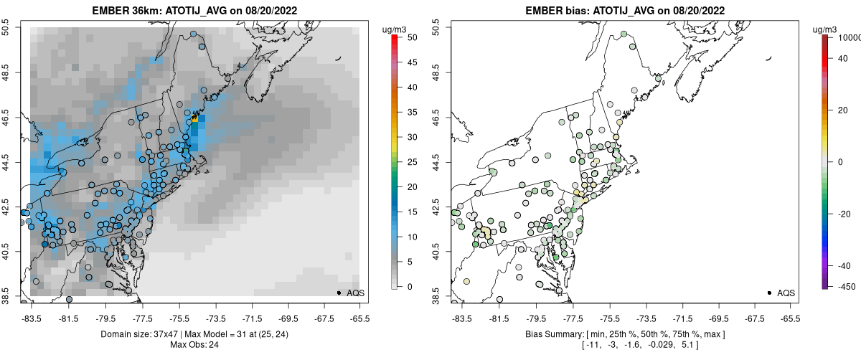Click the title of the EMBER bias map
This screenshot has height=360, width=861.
point(616,11)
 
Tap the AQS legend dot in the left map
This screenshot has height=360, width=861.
point(339,293)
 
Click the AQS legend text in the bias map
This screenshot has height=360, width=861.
point(786,293)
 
